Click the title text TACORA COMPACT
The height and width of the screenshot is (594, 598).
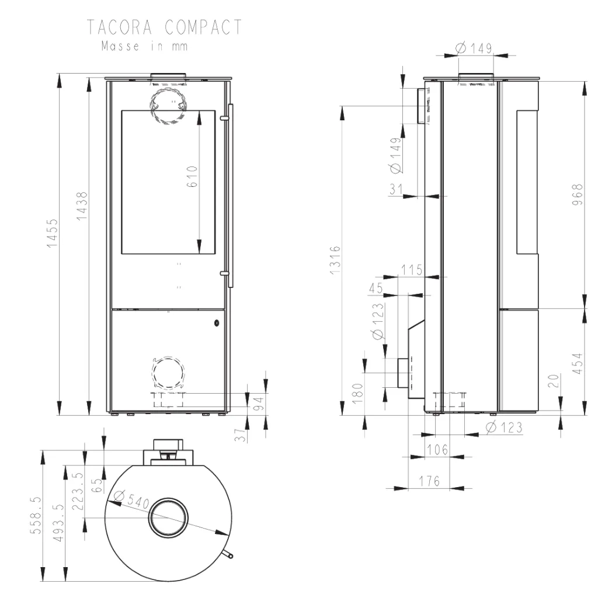(x=164, y=27)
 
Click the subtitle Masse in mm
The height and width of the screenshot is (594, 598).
(x=145, y=47)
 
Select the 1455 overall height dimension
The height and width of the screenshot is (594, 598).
(x=52, y=232)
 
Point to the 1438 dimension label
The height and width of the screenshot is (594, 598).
(x=82, y=206)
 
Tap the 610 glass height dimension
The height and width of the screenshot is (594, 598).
(x=192, y=176)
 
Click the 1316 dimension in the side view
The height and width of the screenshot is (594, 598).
(x=335, y=259)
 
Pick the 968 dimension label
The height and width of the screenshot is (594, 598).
(x=578, y=194)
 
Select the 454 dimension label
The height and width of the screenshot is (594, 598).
(x=578, y=363)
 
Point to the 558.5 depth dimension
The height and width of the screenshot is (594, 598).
(x=36, y=515)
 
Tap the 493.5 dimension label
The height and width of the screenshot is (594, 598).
(x=59, y=522)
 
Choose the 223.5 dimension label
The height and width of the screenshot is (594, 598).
(x=78, y=491)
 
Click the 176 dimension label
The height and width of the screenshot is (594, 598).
(x=429, y=481)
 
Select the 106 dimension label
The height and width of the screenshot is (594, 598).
(x=437, y=450)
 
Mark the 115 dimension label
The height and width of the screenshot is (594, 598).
(x=412, y=270)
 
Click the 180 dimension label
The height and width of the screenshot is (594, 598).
(x=357, y=393)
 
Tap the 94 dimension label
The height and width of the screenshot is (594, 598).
(x=259, y=404)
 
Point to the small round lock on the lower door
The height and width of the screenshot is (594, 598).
(x=217, y=323)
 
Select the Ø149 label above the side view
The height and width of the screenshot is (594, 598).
(x=474, y=48)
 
